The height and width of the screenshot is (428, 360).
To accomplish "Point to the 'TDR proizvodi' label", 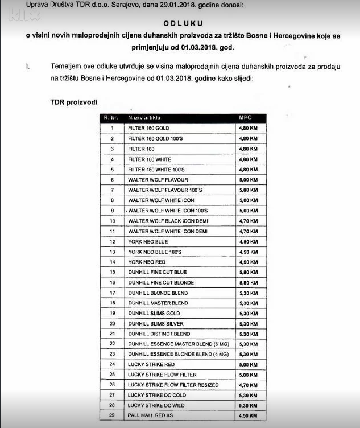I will (73, 101).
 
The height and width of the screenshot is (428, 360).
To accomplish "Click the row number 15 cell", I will (112, 272).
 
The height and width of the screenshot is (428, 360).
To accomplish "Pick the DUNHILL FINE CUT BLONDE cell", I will (161, 282).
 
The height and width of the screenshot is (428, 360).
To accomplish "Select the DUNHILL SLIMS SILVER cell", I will (155, 323).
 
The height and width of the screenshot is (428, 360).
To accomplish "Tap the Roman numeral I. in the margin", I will (27, 67).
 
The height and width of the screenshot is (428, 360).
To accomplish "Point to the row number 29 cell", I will (112, 415).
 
